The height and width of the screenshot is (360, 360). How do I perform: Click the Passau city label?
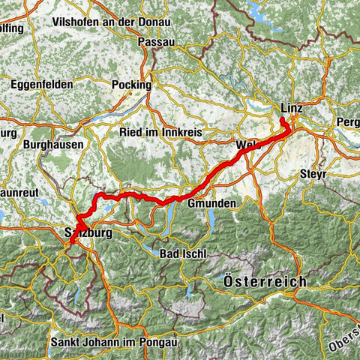click(x=156, y=43)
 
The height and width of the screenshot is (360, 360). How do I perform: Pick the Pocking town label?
click(x=130, y=85)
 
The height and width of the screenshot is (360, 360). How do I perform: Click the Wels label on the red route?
click(x=247, y=144)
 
